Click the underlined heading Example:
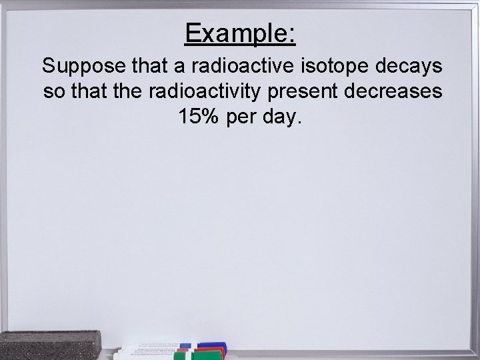point(240,33)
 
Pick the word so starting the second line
point(52,92)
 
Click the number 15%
point(198,117)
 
